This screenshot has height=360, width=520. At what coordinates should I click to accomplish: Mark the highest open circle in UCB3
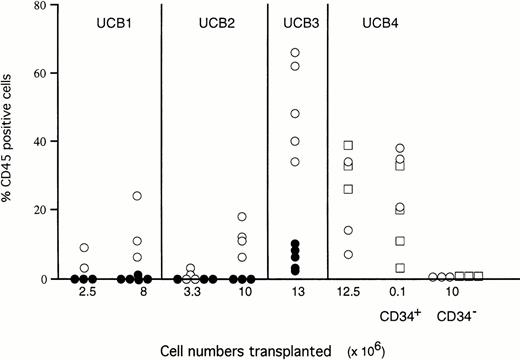tap(295, 52)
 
